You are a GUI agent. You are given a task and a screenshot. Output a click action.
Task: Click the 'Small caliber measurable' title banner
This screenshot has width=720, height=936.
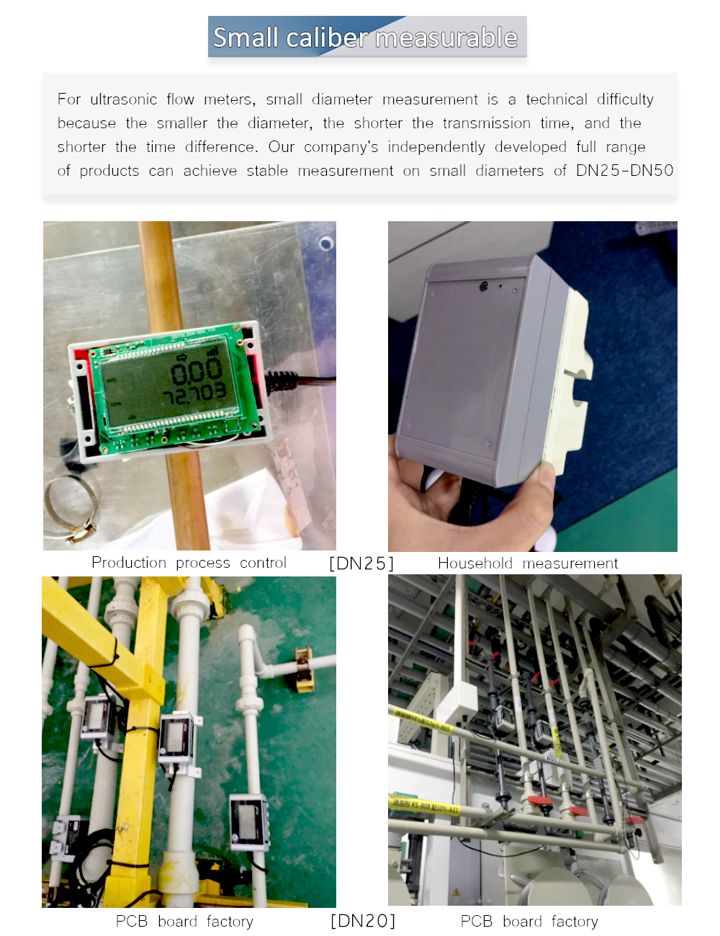tap(367, 37)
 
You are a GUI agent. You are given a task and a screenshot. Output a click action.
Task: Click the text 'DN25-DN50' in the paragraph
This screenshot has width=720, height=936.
tap(624, 171)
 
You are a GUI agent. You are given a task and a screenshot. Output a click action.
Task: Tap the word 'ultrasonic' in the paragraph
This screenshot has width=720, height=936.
tap(123, 99)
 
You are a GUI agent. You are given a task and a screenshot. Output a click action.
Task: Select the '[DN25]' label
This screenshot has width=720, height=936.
tap(361, 563)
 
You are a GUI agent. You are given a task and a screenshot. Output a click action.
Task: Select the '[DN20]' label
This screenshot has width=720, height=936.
tap(363, 921)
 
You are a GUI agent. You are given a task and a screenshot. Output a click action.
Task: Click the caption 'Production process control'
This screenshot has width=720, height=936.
tap(189, 563)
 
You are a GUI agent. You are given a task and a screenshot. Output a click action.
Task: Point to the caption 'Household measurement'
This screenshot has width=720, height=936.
tap(528, 563)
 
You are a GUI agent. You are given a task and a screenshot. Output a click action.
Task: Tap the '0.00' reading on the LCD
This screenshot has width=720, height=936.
tap(196, 370)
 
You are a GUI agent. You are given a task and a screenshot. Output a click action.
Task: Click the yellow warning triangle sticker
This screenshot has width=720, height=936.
tap(456, 892)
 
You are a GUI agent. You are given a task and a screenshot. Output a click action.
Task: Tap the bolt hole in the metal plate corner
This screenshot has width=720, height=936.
tap(326, 244)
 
